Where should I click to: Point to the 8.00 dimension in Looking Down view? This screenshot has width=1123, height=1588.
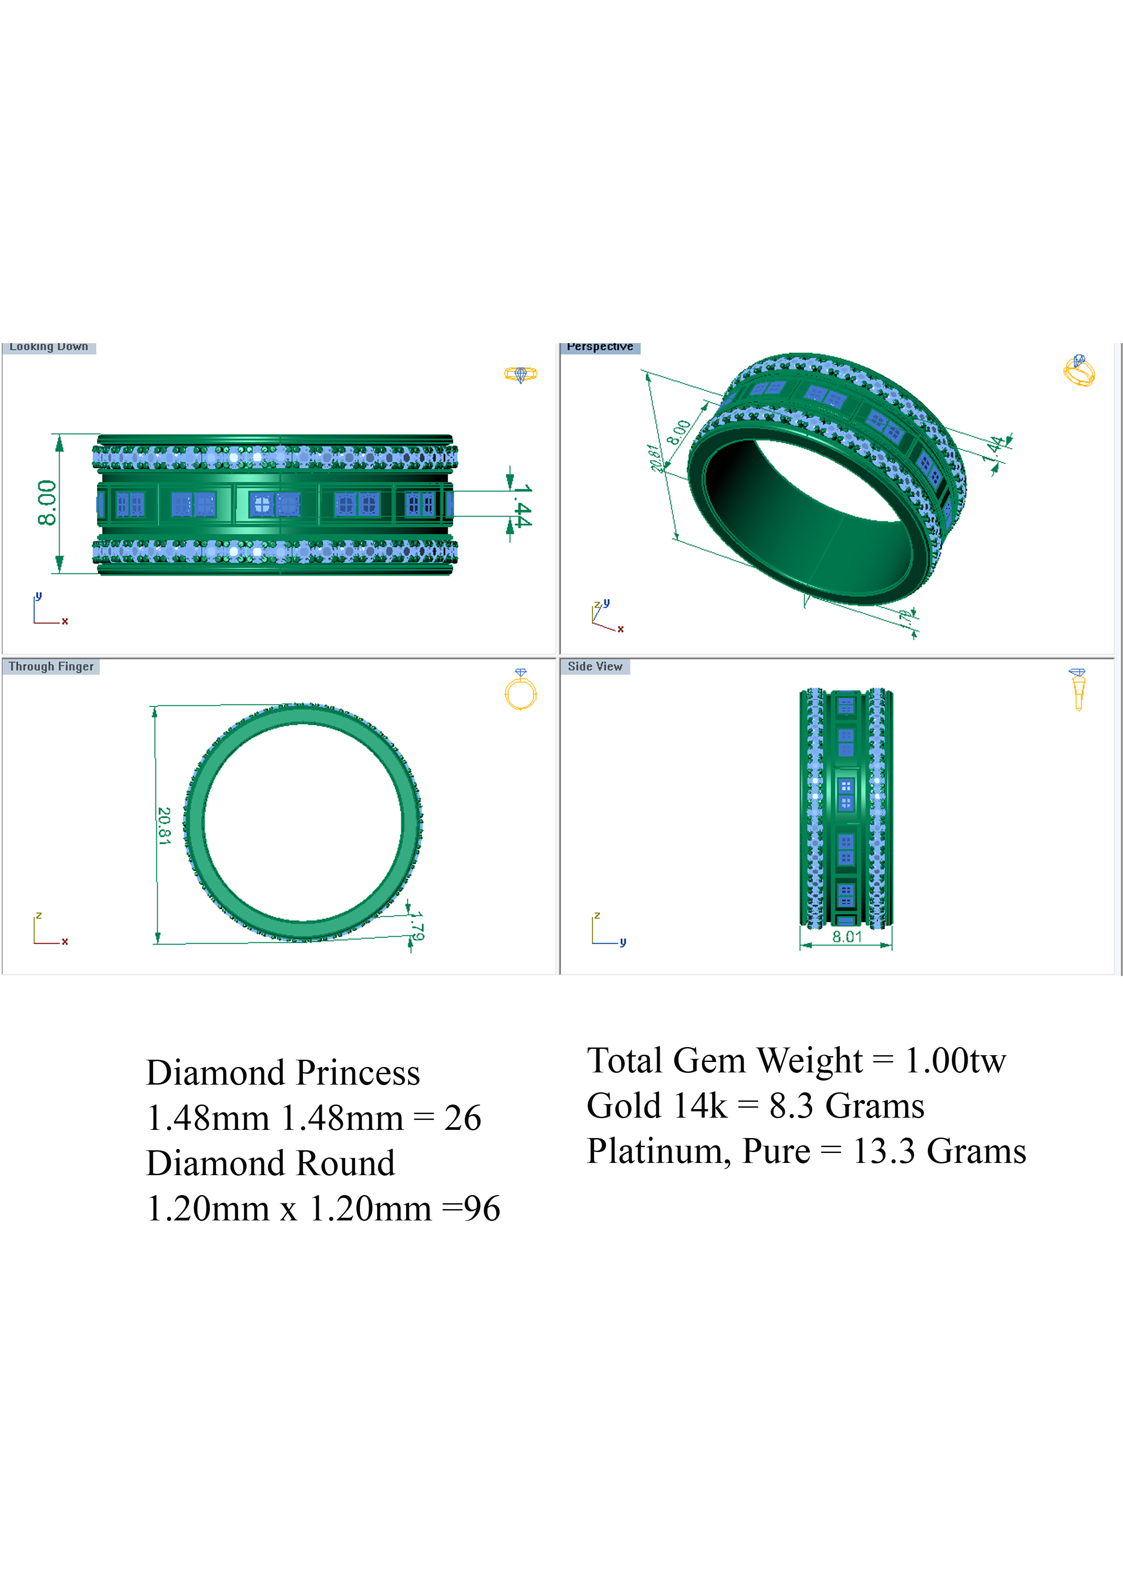47,503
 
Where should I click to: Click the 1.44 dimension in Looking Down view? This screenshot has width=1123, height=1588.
523,506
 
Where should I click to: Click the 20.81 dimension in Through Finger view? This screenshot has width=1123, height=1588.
164,826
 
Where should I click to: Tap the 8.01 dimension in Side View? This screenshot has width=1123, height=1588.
847,937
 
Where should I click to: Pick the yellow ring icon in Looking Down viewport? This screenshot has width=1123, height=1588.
520,374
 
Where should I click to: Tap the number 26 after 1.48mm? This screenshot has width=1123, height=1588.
462,1119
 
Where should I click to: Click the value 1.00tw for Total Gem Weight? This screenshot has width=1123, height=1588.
955,1061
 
